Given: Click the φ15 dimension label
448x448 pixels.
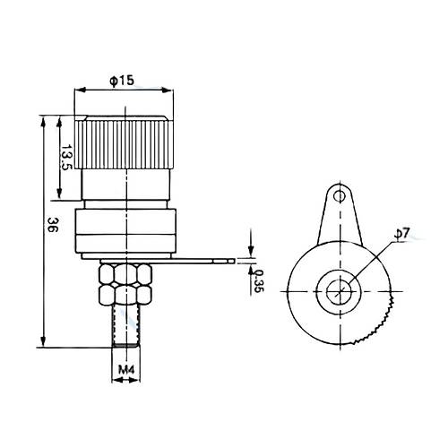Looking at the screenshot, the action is (122, 81).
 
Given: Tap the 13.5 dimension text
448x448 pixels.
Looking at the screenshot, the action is (66, 158).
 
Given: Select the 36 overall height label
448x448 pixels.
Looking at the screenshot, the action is (52, 225).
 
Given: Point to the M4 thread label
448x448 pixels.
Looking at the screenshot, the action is (126, 370).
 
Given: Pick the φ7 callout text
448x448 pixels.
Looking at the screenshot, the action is (402, 233).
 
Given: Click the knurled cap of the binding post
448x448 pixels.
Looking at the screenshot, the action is (124, 142).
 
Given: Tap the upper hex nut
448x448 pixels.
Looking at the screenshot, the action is (125, 273).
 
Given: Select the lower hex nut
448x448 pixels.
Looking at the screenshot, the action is (125, 295).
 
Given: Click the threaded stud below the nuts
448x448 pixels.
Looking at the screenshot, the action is (125, 326).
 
